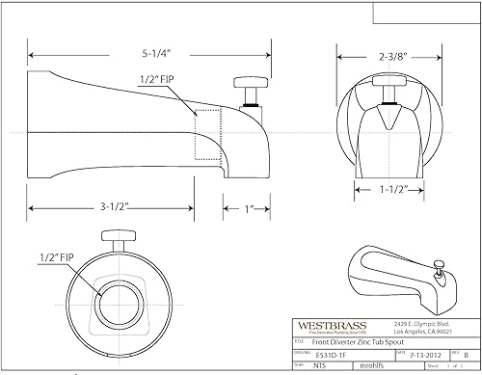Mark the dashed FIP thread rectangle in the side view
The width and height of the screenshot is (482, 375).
(x=205, y=133)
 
